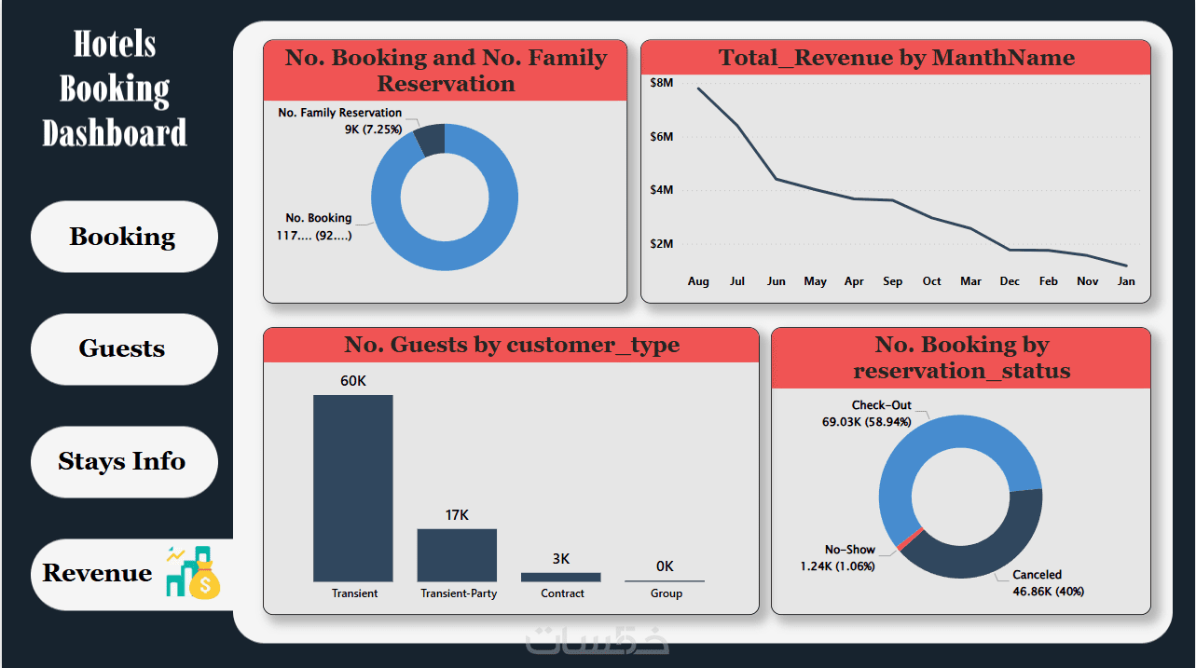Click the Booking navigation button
point(123,237)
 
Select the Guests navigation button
point(123,348)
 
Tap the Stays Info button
point(123,461)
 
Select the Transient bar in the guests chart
point(352,488)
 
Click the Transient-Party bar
point(457,555)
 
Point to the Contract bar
point(561,577)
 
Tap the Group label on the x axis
point(666,593)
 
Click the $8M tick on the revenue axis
point(661,83)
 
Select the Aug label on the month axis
point(698,281)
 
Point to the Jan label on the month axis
point(1126,281)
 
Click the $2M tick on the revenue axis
point(661,244)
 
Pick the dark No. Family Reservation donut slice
point(430,140)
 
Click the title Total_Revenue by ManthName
point(896,59)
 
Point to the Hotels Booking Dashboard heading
point(115,89)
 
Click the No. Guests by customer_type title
point(511,346)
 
